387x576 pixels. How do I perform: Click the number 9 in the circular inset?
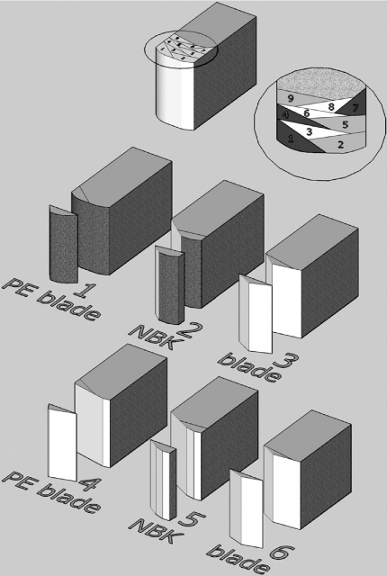[291, 98]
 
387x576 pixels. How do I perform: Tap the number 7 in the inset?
[355, 108]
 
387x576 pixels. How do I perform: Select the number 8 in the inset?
[331, 107]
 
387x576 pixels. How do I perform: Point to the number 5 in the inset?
[345, 124]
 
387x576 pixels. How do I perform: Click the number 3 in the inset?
[310, 131]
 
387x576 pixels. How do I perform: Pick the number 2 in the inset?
[341, 144]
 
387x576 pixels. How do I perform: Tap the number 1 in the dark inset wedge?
[292, 139]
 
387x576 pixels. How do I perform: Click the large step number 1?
[85, 291]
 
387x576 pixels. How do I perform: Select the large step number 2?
[190, 330]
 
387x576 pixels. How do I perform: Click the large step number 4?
[87, 483]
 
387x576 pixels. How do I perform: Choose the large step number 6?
[282, 555]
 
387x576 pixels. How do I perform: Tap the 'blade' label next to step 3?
[249, 368]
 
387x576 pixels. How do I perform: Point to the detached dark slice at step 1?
[64, 245]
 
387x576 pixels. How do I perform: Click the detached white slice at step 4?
[62, 443]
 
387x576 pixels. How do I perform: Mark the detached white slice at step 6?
[247, 508]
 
